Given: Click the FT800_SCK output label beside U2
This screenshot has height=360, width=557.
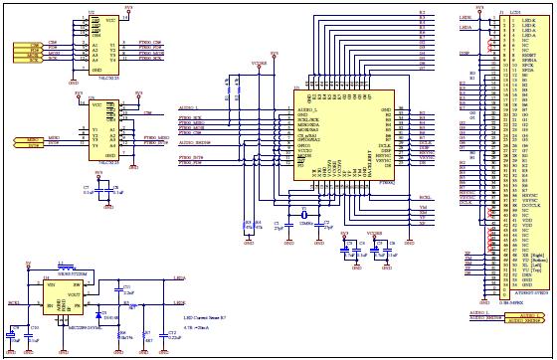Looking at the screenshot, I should [x=152, y=58].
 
